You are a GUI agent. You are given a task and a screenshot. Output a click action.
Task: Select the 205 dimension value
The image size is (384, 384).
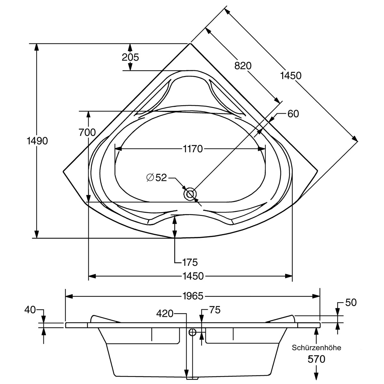click(130, 57)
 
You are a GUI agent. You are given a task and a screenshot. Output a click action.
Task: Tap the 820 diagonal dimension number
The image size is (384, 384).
click(243, 66)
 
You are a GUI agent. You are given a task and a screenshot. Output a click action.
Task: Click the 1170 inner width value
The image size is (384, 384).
click(193, 149)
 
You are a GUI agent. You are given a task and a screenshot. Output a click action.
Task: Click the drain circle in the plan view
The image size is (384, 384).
click(190, 194)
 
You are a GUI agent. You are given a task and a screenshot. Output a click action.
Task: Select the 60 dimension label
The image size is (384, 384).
click(293, 114)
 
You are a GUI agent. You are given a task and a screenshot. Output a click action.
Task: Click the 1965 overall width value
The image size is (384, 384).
click(193, 296)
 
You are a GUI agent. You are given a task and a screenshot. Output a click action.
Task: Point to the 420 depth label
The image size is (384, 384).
click(165, 313)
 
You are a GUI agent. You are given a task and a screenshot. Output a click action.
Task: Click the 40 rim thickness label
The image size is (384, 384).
click(30, 309)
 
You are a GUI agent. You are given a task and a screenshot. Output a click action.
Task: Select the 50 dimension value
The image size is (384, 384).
click(351, 302)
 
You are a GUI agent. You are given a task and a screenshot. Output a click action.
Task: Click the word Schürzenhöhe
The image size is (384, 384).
click(316, 347)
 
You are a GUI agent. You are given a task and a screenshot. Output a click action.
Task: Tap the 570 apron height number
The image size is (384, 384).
click(316, 359)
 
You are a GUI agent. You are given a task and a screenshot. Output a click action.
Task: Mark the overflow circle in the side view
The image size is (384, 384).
click(192, 332)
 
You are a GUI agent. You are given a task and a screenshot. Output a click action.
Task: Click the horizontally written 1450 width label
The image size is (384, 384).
click(193, 276)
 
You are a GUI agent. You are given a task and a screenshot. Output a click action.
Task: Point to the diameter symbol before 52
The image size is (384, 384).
click(150, 178)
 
